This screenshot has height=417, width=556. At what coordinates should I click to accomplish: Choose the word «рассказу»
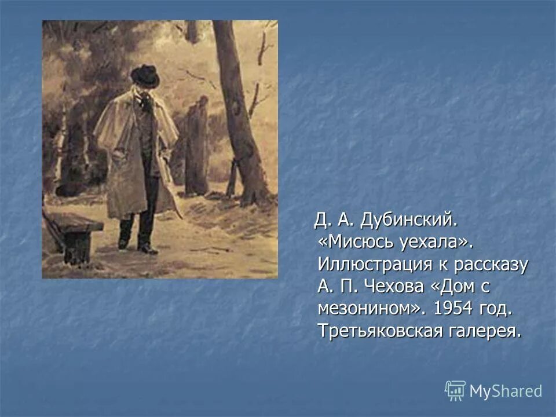coord(492,264)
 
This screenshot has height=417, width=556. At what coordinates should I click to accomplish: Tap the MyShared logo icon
coord(455,391)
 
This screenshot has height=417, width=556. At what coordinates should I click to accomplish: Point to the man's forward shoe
coord(148,249)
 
